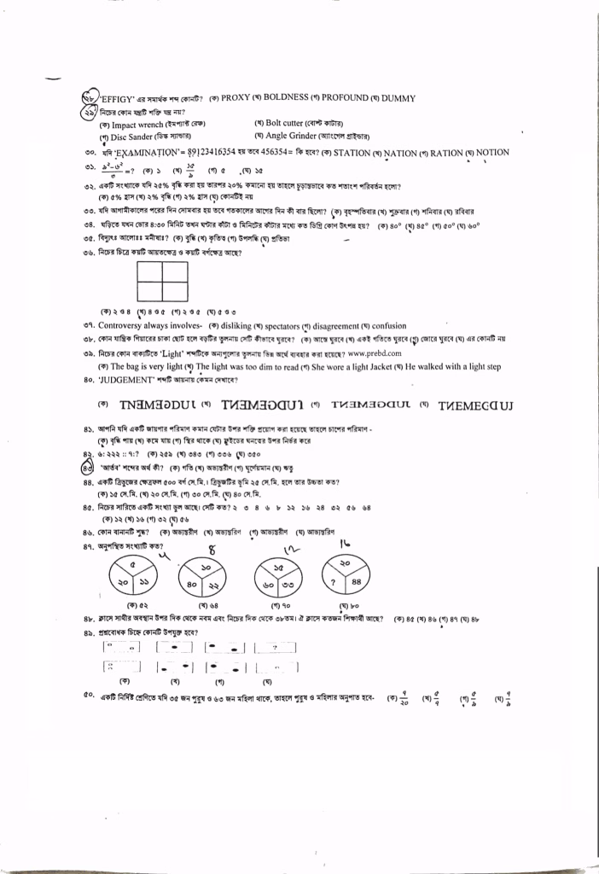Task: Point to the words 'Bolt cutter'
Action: (291, 124)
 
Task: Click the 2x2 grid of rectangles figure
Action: (162, 281)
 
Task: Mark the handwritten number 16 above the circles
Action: (346, 542)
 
